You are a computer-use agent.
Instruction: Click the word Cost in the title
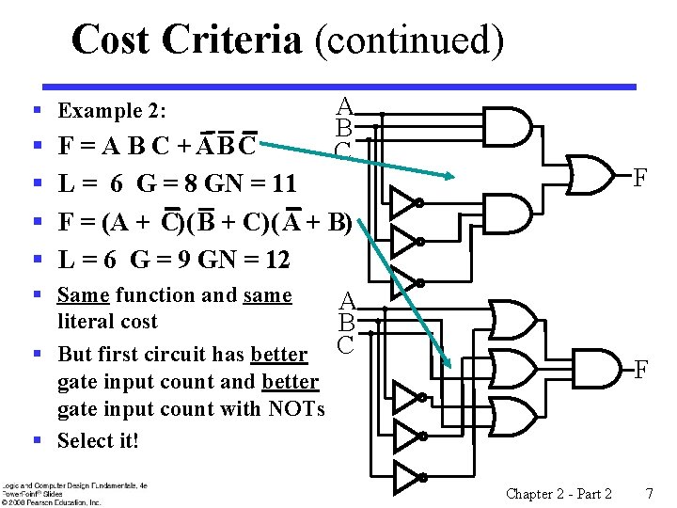(111, 40)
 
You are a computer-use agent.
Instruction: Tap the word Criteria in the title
(231, 40)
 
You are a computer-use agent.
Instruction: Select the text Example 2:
(112, 111)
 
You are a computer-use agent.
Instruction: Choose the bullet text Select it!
(98, 440)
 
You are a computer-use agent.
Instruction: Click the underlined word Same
(83, 295)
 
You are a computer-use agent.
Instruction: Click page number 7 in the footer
(648, 494)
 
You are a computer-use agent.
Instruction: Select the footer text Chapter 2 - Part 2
(559, 494)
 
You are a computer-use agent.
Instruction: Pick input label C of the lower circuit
(345, 344)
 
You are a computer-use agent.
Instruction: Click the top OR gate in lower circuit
(509, 320)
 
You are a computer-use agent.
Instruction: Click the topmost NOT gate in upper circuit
(403, 201)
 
